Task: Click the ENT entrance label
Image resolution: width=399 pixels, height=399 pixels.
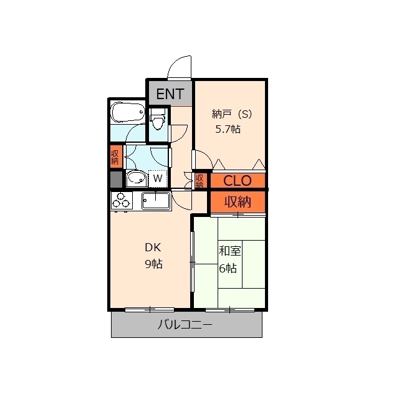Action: pyautogui.click(x=170, y=94)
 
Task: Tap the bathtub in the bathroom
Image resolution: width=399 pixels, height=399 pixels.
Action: pyautogui.click(x=128, y=113)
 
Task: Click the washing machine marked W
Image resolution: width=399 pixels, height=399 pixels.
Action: pyautogui.click(x=158, y=179)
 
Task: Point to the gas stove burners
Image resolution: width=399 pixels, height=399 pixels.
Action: pyautogui.click(x=121, y=201)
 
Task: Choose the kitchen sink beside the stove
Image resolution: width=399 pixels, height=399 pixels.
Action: pyautogui.click(x=156, y=201)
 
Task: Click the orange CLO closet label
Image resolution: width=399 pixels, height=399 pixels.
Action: pyautogui.click(x=238, y=181)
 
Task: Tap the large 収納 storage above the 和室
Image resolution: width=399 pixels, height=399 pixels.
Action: pyautogui.click(x=238, y=202)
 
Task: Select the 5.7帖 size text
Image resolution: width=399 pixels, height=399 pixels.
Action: pyautogui.click(x=228, y=129)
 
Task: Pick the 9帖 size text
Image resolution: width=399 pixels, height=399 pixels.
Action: pyautogui.click(x=153, y=264)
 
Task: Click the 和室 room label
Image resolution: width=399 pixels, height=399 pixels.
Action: pyautogui.click(x=229, y=251)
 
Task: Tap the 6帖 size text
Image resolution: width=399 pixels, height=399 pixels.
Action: pyautogui.click(x=228, y=268)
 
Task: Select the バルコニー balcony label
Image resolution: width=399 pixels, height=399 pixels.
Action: pyautogui.click(x=185, y=324)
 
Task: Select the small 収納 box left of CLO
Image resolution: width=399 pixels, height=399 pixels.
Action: pyautogui.click(x=199, y=181)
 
